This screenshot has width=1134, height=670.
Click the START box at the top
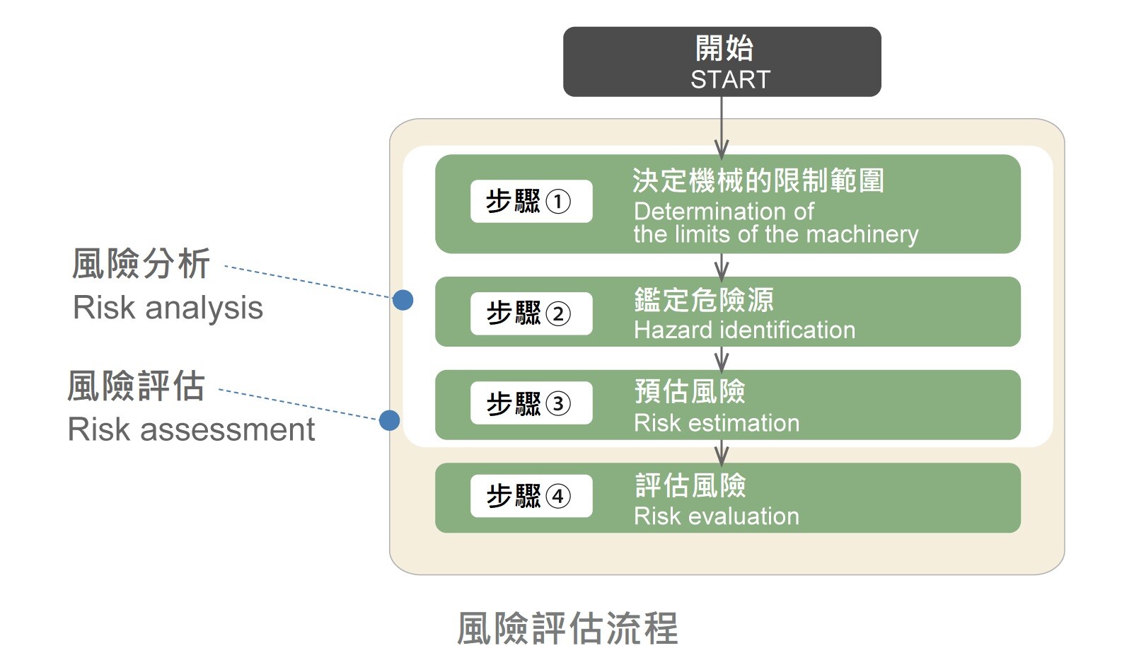click(722, 62)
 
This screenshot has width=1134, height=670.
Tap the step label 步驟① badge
click(531, 202)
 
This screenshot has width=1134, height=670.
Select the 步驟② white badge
click(531, 313)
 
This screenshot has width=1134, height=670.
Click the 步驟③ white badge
click(531, 404)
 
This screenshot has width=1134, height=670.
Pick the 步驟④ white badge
click(531, 497)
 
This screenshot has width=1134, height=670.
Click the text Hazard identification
click(744, 330)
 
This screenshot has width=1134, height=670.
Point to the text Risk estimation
click(716, 423)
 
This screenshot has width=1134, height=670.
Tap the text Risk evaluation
click(716, 516)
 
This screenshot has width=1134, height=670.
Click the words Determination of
click(724, 212)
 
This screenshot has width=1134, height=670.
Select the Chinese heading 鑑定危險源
click(703, 300)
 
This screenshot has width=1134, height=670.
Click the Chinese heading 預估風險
click(690, 391)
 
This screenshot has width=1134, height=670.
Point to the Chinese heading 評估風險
click(690, 485)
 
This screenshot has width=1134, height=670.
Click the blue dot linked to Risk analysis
click(403, 300)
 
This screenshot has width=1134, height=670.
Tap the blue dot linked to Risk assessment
click(389, 420)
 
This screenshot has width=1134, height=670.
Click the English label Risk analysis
click(168, 308)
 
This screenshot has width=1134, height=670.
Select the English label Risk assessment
click(191, 430)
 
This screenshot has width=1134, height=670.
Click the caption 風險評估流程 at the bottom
click(567, 628)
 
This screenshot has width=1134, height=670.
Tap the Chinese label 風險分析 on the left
click(141, 264)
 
